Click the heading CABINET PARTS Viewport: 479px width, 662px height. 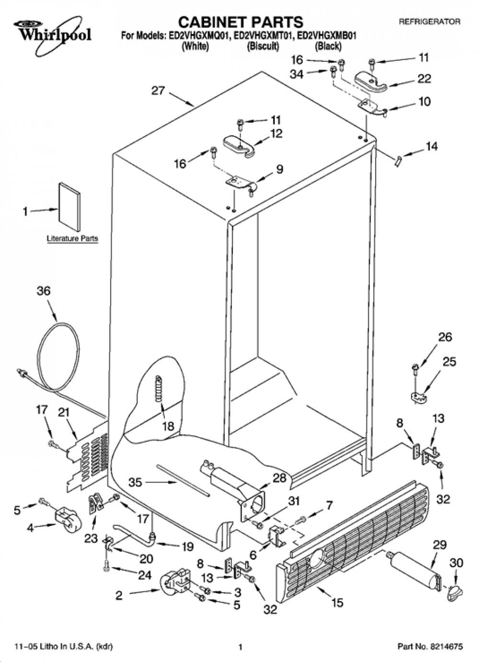coord(241,22)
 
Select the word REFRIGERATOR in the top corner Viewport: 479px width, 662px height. coord(429,22)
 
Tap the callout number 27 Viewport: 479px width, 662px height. coord(158,91)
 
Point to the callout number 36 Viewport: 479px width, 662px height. coord(44,291)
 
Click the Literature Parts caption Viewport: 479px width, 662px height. coord(72,238)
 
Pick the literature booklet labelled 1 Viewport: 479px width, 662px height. coord(69,206)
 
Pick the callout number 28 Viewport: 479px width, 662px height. coord(279,478)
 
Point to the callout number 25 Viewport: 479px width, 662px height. coord(449,361)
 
